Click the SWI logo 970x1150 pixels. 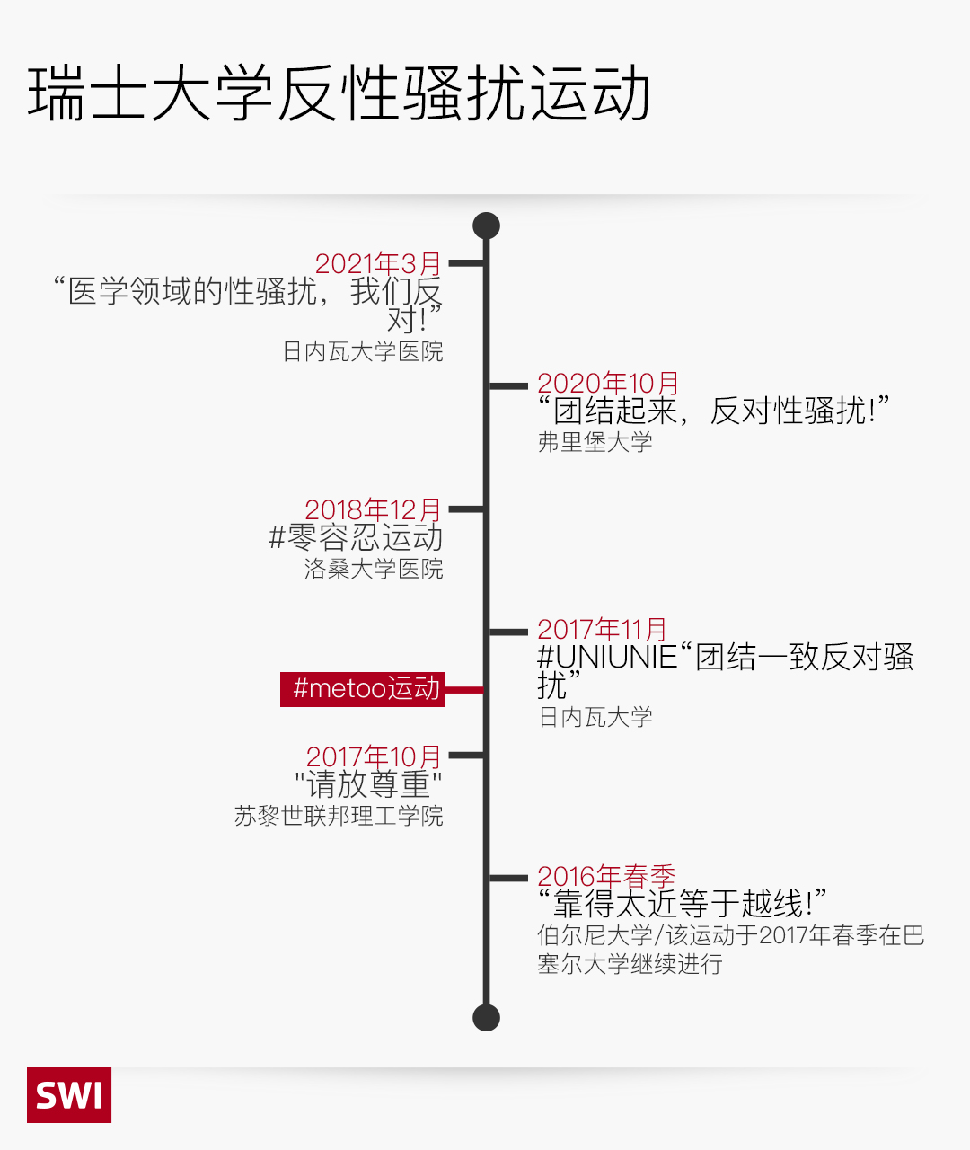tap(69, 1094)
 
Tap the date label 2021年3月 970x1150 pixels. tap(378, 263)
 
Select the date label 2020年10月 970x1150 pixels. tap(608, 384)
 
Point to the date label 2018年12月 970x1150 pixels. tap(373, 509)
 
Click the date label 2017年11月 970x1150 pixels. tap(602, 630)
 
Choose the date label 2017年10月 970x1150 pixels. tap(374, 757)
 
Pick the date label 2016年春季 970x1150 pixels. tap(606, 876)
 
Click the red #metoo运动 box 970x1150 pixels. tap(363, 689)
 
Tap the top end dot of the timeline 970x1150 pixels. tap(486, 226)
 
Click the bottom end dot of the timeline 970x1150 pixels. tap(486, 1018)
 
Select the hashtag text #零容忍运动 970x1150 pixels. tap(356, 538)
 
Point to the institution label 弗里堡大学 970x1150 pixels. tap(595, 442)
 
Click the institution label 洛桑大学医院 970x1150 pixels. tap(374, 569)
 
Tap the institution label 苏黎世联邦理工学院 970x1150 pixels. tap(339, 816)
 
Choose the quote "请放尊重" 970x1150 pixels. tap(368, 785)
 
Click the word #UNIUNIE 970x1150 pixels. tap(607, 658)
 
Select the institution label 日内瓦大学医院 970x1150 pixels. tap(363, 351)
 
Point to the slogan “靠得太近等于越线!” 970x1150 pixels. tap(683, 904)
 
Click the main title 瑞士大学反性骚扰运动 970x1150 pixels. tap(339, 94)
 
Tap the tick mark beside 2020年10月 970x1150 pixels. tap(508, 385)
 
